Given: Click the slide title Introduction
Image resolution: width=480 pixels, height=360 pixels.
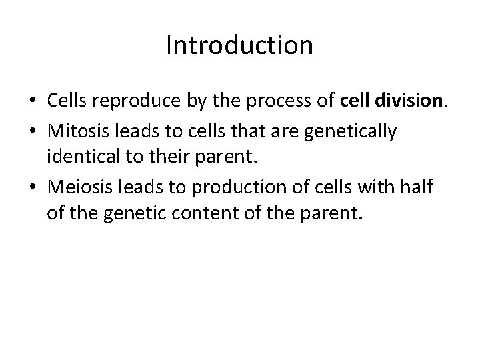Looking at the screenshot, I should (239, 45).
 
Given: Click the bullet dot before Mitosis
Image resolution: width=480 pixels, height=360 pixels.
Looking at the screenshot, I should (31, 133).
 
